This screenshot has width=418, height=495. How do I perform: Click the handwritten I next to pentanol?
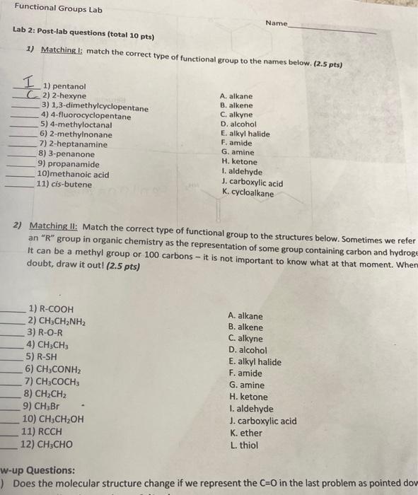[30, 83]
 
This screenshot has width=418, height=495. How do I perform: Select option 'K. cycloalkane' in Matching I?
[247, 193]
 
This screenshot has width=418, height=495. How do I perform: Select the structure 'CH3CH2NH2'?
[66, 320]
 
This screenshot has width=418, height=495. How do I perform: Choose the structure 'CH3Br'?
[46, 406]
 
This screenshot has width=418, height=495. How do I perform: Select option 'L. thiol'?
[243, 445]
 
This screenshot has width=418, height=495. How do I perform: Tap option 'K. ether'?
[245, 433]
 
